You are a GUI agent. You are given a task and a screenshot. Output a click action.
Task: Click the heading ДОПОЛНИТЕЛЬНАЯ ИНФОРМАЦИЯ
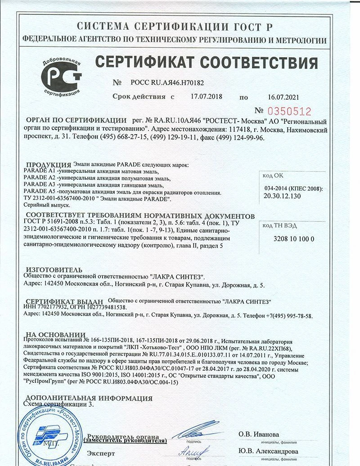89,398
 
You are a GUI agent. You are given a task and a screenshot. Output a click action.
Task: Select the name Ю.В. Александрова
268,451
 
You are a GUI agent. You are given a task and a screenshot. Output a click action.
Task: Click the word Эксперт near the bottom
101,452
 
